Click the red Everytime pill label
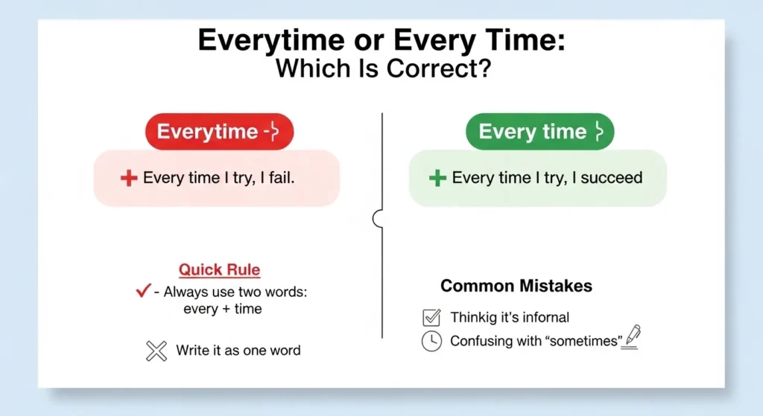point(218,132)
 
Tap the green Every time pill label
point(539,132)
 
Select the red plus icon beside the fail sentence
point(129,179)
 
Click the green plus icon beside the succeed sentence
point(438,178)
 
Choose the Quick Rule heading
point(219,269)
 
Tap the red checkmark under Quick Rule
point(144,292)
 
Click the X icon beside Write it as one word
point(156,351)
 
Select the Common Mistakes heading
point(516,286)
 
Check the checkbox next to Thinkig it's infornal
point(431,318)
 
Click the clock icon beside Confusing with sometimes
point(431,342)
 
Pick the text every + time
point(222,309)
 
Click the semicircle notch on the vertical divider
point(377,218)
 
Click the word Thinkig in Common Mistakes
point(475,318)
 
